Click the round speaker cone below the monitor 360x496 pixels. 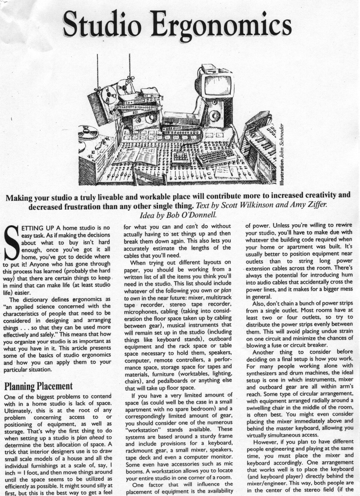point(215,115)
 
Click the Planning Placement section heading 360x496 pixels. point(38,386)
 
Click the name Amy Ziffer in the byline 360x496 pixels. point(308,206)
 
